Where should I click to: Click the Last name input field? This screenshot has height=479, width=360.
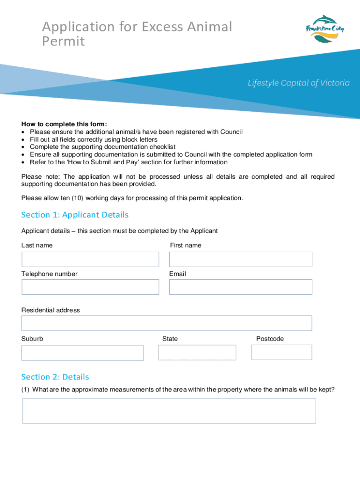coord(90,259)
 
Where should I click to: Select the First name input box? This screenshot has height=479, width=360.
coord(240,259)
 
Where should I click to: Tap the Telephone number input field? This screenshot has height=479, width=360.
coord(90,287)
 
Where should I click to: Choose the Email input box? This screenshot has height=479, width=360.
coord(240,287)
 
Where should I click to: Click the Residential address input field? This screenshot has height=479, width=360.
coord(166,323)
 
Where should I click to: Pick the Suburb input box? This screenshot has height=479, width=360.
coord(82,353)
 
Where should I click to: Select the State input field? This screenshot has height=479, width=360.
coord(197,352)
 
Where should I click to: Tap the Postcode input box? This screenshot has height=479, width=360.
coord(281,352)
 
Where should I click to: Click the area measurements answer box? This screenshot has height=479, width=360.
coord(169,411)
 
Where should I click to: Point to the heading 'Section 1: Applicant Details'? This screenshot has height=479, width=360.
coord(75,215)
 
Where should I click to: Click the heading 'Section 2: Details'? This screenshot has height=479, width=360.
coord(55,377)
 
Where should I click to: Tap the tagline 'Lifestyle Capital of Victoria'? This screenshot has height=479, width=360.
coord(298,83)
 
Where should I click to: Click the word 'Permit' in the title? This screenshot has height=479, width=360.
coord(64,42)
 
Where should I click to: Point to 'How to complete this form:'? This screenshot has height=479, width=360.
coord(64,124)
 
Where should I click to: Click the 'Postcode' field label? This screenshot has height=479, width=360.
coord(270,339)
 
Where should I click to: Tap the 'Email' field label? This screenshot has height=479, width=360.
coord(178,274)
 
